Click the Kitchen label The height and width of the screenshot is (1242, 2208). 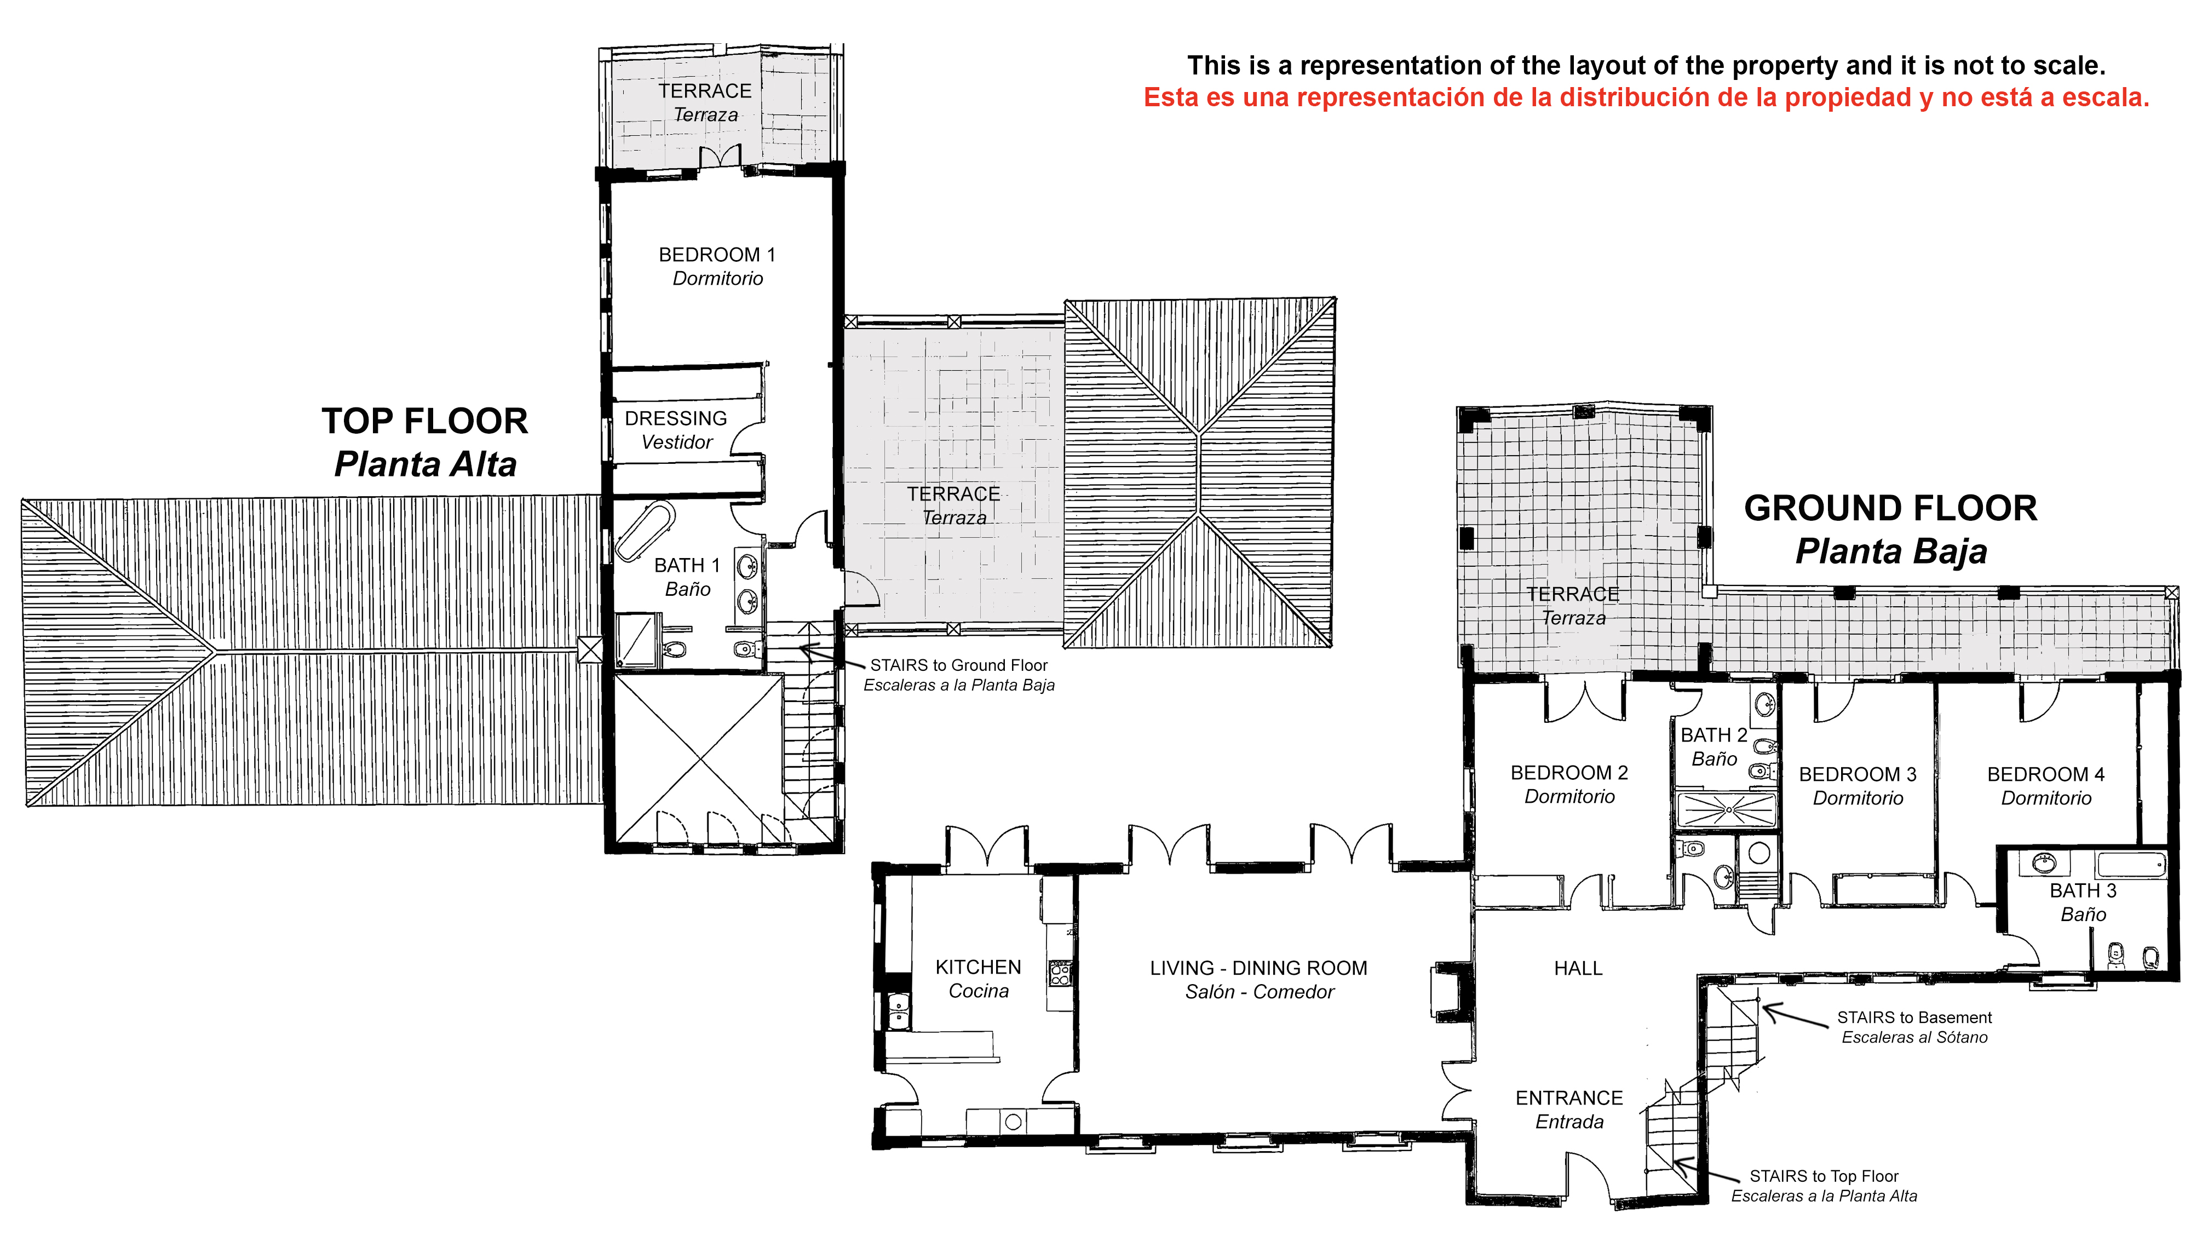click(978, 979)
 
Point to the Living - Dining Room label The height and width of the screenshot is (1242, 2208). click(1258, 980)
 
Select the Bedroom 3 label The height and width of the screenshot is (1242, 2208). click(1858, 786)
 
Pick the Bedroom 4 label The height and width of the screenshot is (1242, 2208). click(2045, 786)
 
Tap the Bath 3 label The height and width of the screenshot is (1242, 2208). click(2083, 902)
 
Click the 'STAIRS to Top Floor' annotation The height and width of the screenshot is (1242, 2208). click(1824, 1186)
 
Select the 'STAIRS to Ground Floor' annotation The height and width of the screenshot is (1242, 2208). click(958, 675)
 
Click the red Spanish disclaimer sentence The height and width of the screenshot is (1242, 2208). click(1647, 97)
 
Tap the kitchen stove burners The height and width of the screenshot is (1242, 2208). click(1060, 973)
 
